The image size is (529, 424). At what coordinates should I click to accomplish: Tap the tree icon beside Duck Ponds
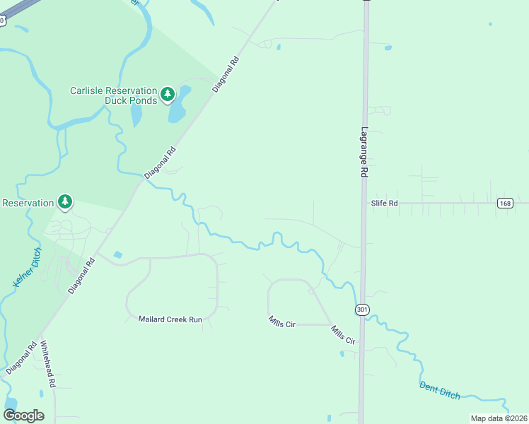pyautogui.click(x=167, y=94)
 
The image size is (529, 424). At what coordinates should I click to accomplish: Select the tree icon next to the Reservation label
pyautogui.click(x=65, y=203)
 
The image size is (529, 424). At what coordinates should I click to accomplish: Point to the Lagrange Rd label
pyautogui.click(x=365, y=152)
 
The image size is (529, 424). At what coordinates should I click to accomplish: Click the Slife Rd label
pyautogui.click(x=385, y=203)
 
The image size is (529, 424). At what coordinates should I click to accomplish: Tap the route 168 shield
pyautogui.click(x=504, y=203)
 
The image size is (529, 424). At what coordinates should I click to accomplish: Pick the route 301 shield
pyautogui.click(x=362, y=310)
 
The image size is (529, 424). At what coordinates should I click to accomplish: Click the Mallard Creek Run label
pyautogui.click(x=170, y=319)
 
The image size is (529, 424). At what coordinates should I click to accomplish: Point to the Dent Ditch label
pyautogui.click(x=439, y=390)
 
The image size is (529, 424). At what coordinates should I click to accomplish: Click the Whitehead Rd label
pyautogui.click(x=47, y=365)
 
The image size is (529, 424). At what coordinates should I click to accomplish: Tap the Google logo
pyautogui.click(x=23, y=415)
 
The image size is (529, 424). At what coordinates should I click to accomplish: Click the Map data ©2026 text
pyautogui.click(x=499, y=418)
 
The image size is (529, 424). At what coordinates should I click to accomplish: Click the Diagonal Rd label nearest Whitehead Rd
pyautogui.click(x=21, y=359)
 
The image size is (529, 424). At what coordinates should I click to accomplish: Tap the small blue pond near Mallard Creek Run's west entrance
pyautogui.click(x=117, y=254)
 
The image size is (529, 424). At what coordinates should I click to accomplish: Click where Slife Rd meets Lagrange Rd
pyautogui.click(x=364, y=204)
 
